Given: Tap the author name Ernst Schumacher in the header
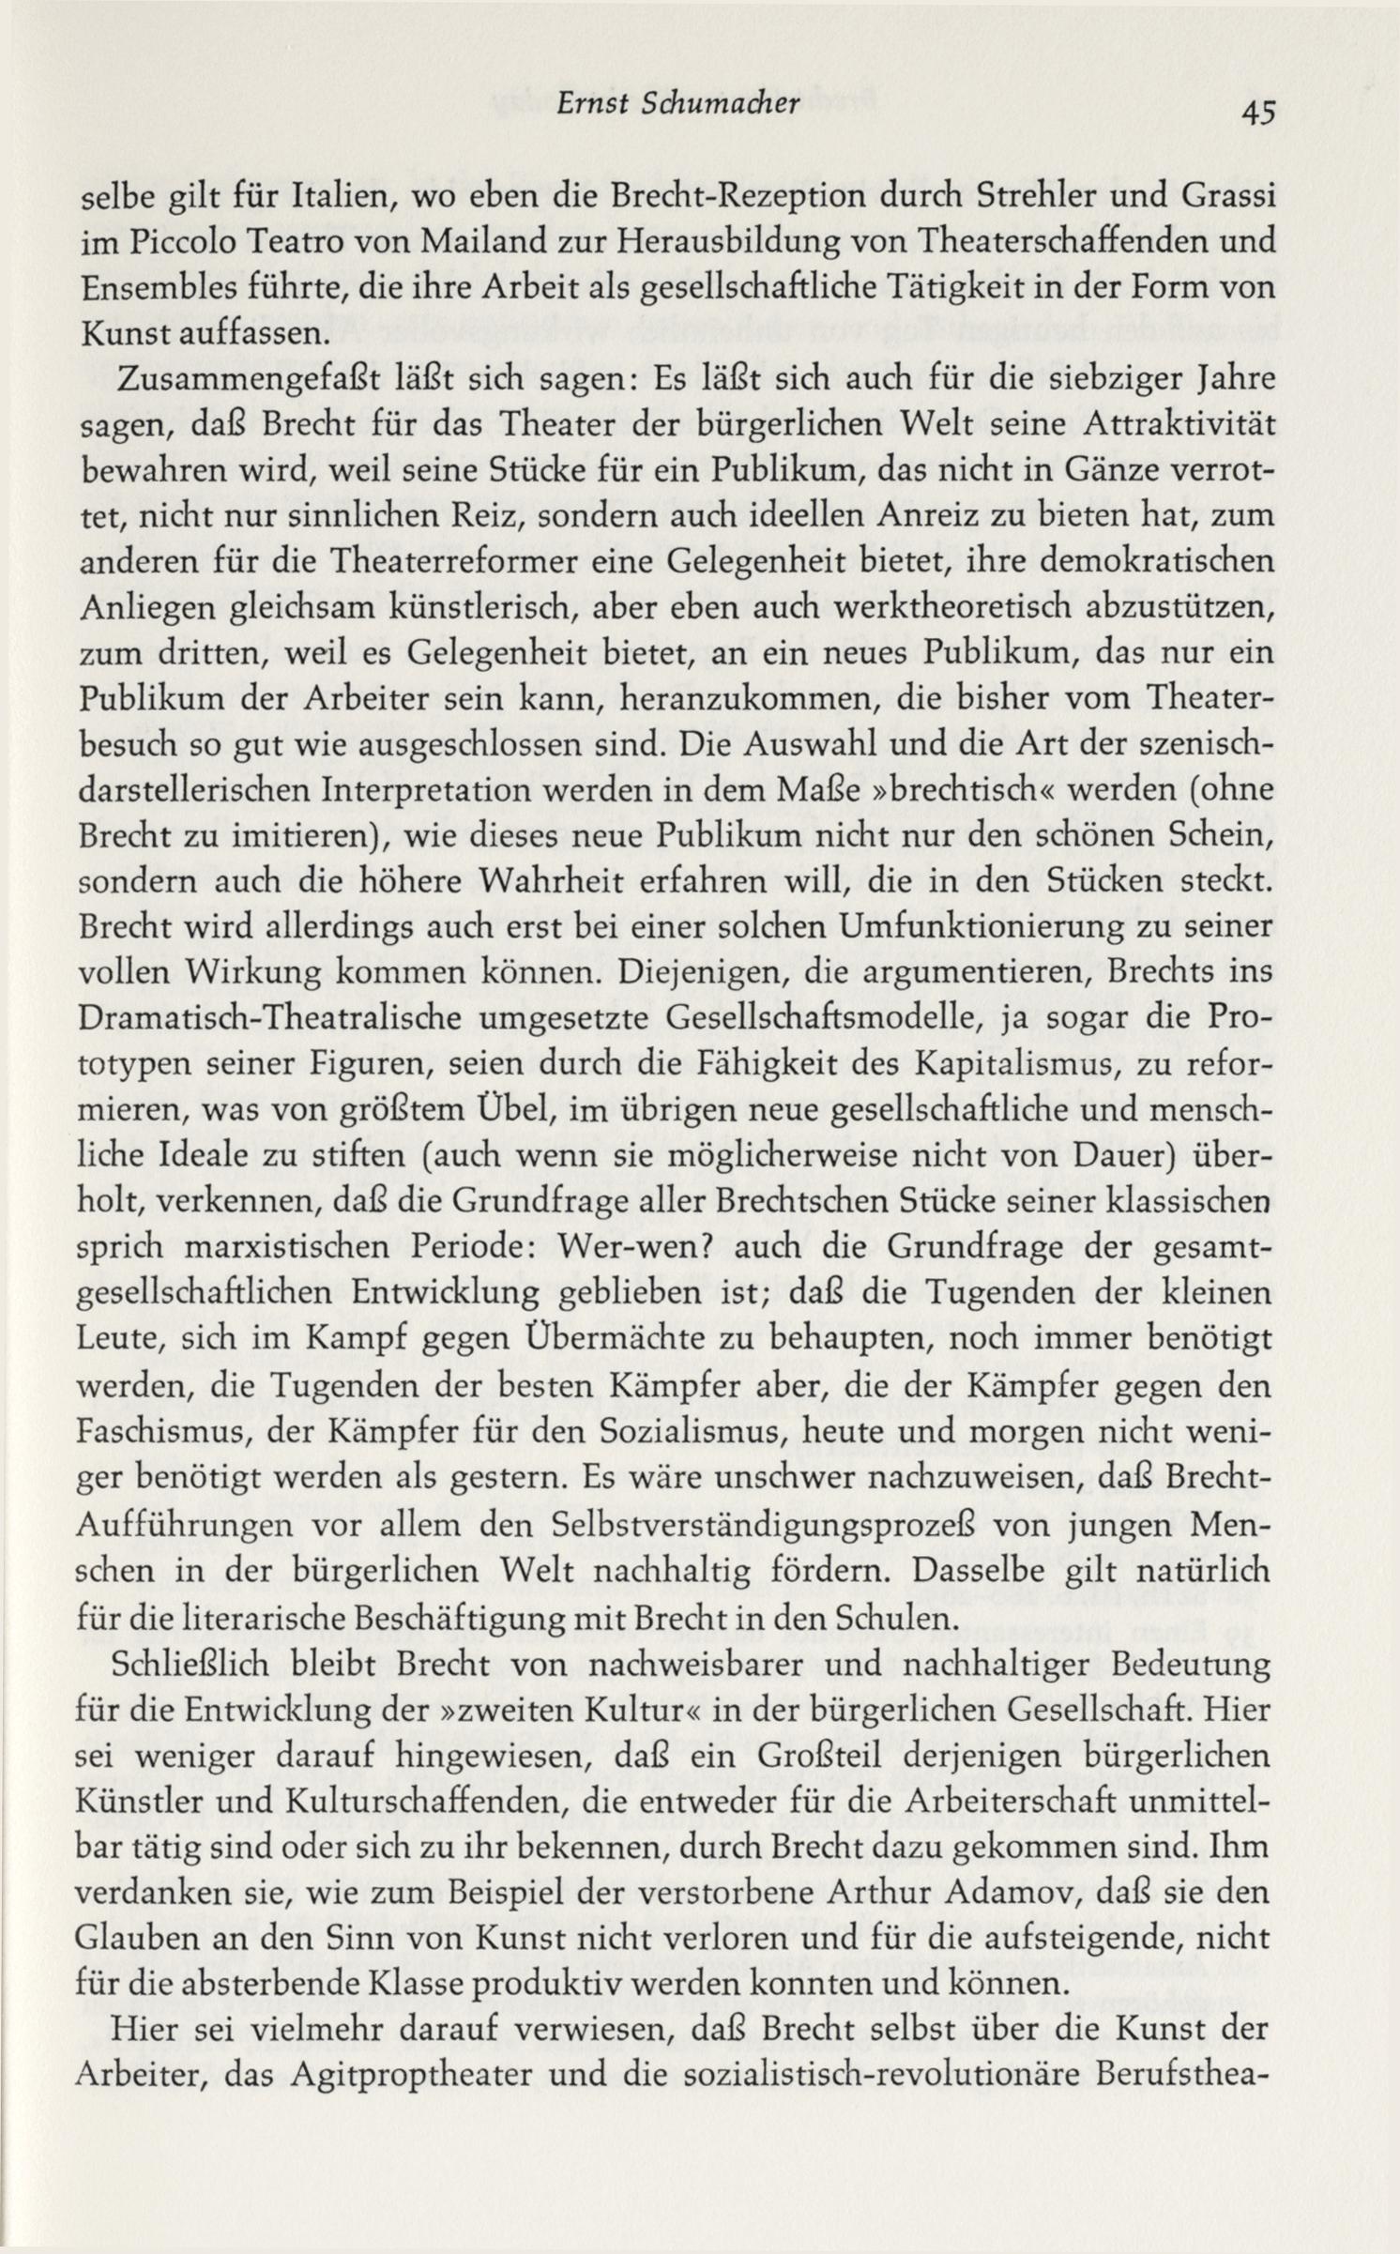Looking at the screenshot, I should tap(690, 105).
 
